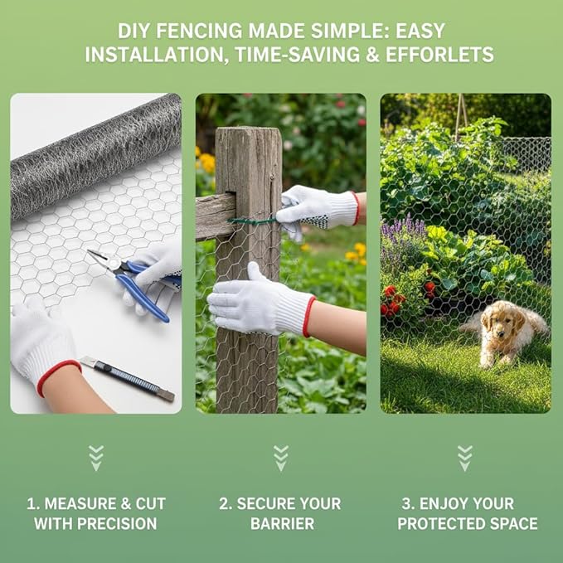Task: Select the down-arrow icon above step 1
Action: [96, 458]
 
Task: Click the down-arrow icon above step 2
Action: [281, 458]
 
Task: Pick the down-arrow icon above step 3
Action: [465, 458]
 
